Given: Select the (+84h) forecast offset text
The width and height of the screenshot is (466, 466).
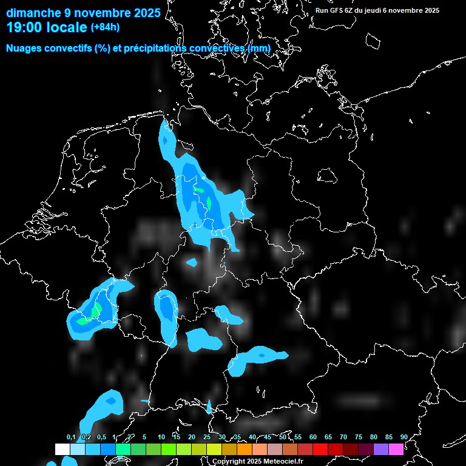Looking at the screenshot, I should (105, 27).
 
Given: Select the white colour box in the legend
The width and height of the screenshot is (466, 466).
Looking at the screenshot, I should (62, 449).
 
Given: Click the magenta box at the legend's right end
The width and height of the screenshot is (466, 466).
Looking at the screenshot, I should (396, 449).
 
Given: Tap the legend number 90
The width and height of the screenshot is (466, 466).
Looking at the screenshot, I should (404, 437).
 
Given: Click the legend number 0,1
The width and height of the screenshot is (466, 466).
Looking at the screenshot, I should (71, 437).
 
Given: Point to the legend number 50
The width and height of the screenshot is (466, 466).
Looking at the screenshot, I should (283, 437).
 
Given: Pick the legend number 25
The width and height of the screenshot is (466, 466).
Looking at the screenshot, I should (207, 437).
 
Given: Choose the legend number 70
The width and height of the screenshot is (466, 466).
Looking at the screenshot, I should (343, 437).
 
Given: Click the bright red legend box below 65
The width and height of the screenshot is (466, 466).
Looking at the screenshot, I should (320, 449).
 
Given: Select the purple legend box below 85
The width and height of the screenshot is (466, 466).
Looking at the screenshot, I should (381, 449).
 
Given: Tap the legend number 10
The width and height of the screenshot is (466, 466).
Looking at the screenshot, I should (161, 437).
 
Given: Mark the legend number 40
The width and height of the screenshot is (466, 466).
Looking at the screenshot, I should (252, 437).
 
